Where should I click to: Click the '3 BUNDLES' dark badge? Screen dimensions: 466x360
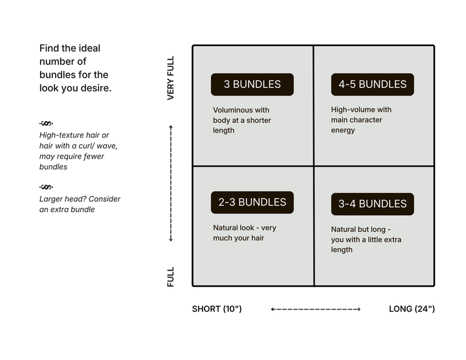[x=252, y=84]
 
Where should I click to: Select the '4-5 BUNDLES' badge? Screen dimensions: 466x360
[x=372, y=84]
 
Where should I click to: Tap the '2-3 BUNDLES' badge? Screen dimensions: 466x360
[x=252, y=202]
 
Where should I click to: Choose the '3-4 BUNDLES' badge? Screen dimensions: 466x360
[x=372, y=204]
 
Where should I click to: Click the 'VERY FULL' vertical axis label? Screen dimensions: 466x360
[x=171, y=78]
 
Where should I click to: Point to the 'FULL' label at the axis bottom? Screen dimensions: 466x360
[x=171, y=276]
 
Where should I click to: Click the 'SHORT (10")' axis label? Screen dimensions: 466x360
[x=217, y=309]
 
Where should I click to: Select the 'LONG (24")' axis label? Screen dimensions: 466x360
[x=412, y=309]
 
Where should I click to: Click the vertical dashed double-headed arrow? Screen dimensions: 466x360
[x=171, y=183]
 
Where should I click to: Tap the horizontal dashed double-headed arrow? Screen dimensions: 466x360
[x=316, y=309]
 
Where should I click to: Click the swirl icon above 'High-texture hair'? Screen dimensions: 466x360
[x=46, y=123]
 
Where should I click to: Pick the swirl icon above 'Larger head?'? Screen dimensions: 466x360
[x=46, y=187]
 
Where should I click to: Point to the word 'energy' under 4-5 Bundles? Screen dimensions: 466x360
[x=343, y=131]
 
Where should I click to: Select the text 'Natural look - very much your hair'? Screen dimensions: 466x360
[x=245, y=232]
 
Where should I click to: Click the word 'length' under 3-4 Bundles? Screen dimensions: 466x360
[x=342, y=250]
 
